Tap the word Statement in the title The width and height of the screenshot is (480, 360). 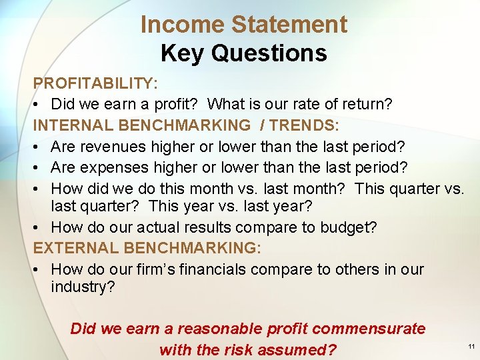(x=289, y=25)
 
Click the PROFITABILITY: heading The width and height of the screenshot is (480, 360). (x=95, y=83)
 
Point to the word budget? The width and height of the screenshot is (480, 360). (x=348, y=227)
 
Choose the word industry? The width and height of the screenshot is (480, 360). (x=83, y=287)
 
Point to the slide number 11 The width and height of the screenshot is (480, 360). (x=471, y=347)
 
